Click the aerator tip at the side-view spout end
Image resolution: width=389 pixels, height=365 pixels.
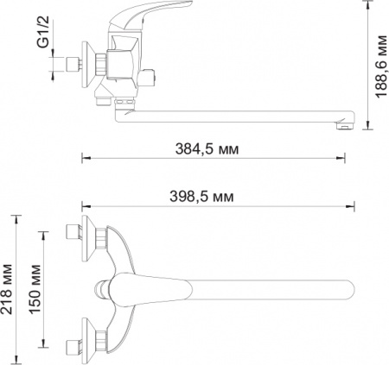(343, 126)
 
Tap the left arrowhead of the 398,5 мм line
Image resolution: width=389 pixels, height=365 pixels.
(85, 205)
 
